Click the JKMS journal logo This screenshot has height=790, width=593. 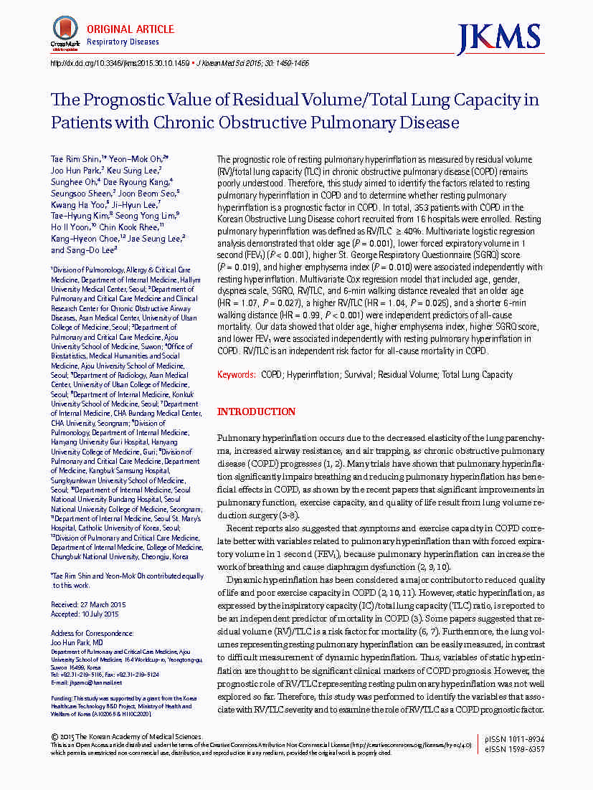(499, 36)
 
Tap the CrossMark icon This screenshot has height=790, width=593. (65, 32)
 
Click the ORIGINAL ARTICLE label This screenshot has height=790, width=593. (131, 29)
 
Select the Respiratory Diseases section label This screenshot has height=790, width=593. (123, 42)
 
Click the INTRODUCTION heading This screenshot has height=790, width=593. (256, 411)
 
